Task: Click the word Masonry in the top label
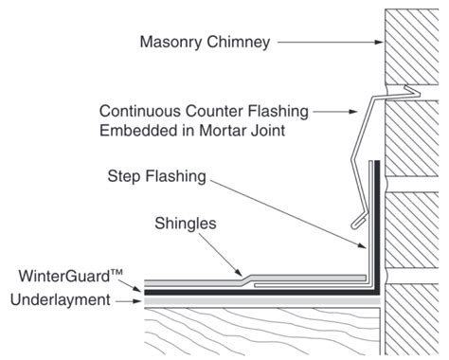point(171,42)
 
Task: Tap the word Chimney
point(239,42)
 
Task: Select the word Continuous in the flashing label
point(140,111)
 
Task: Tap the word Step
point(124,177)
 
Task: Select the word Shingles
point(186,225)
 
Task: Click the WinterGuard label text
point(70,276)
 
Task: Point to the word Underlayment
point(61,299)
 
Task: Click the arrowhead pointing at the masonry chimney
point(379,42)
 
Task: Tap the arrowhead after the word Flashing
point(353,112)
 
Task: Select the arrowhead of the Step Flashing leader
point(362,246)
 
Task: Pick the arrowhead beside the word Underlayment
point(137,301)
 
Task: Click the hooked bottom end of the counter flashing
point(358,222)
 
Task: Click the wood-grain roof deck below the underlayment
point(262,332)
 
